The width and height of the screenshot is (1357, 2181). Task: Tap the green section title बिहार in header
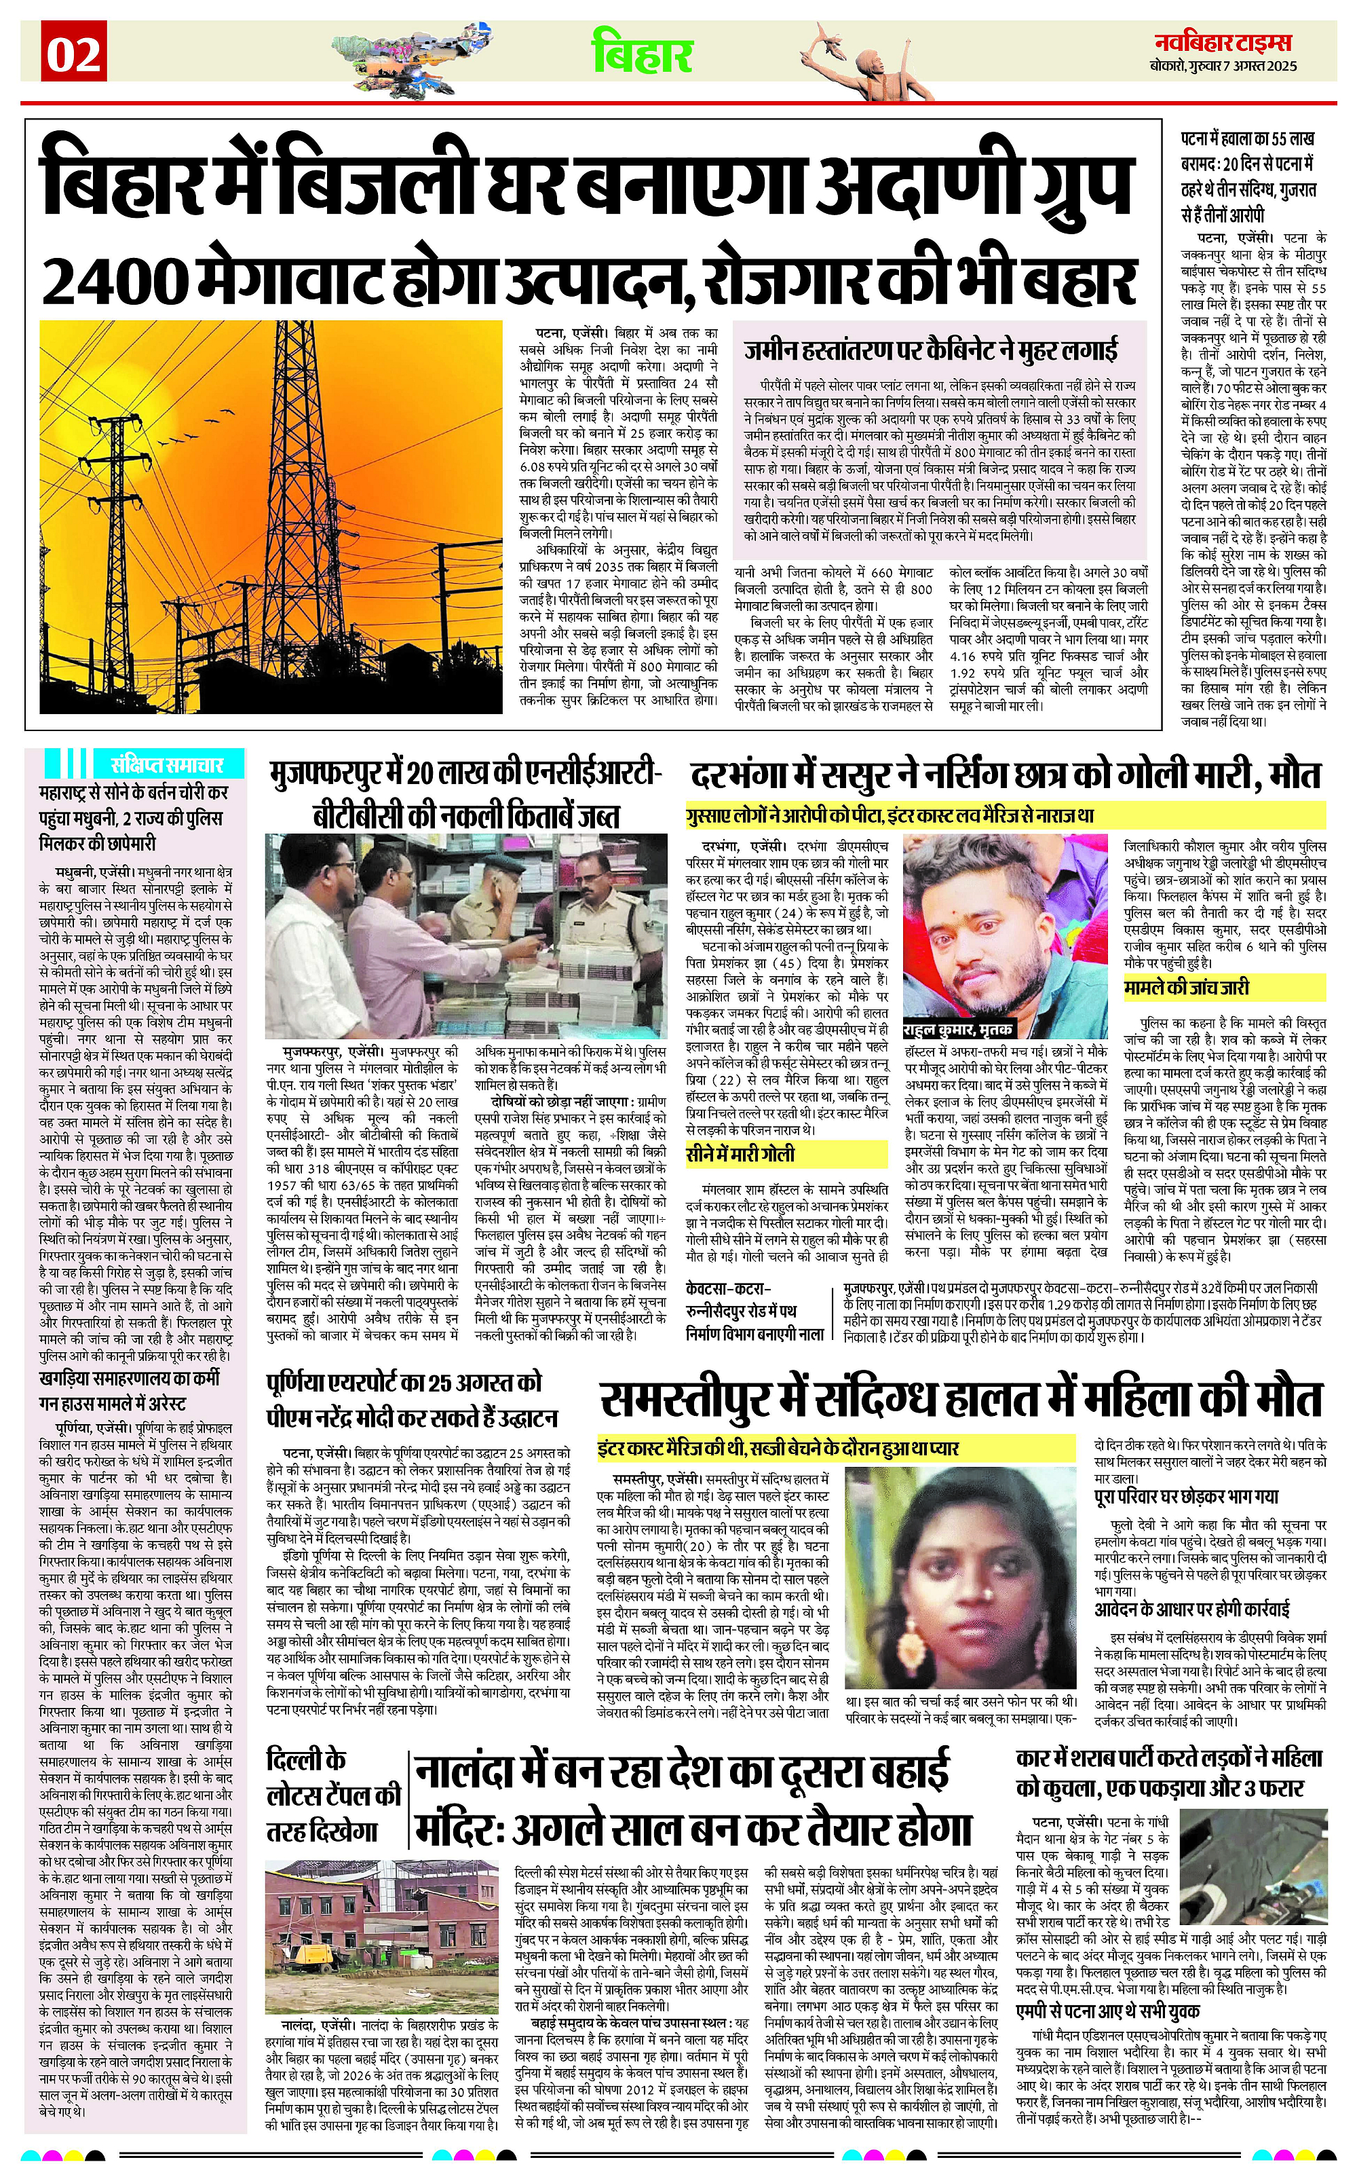click(642, 53)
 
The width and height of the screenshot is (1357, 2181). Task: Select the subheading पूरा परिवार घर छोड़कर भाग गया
click(1187, 1497)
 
